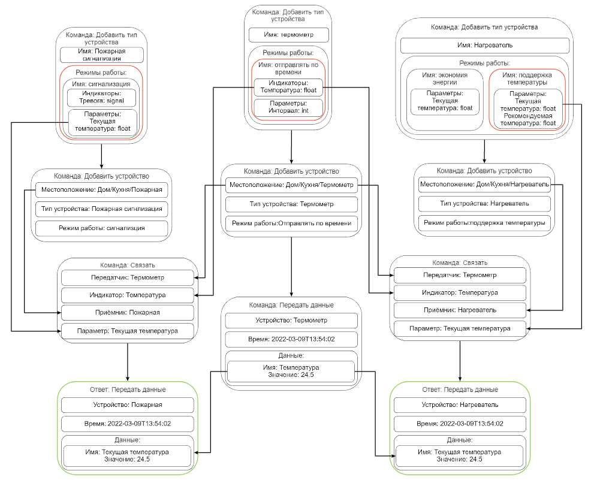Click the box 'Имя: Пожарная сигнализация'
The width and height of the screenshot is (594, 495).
coord(101,55)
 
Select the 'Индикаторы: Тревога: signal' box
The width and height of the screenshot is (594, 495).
coord(101,98)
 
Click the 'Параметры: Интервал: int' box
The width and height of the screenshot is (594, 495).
coord(288,107)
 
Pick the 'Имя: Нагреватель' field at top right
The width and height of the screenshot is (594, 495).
coord(484,45)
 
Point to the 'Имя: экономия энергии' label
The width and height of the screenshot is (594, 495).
coord(444,78)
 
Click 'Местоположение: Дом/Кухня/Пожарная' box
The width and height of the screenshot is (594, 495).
coord(101,191)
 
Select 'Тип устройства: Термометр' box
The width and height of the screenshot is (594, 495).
coord(291,204)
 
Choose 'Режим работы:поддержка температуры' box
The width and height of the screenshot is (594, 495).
coord(484,223)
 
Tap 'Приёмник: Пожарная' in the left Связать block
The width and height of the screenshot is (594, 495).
coord(127,312)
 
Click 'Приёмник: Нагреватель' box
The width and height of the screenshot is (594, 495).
coord(459,310)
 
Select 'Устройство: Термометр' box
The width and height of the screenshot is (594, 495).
coord(291,320)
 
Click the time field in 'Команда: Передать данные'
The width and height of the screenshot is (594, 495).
coord(291,340)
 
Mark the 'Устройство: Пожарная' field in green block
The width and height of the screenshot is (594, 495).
coord(127,405)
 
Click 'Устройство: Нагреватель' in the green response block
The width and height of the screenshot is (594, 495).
coord(459,405)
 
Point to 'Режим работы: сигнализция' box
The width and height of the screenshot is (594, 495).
coord(101,228)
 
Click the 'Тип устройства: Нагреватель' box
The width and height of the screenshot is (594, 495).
coord(484,204)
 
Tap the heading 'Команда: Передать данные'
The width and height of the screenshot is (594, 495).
coord(291,304)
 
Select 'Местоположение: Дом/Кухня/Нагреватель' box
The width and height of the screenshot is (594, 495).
coord(484,185)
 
